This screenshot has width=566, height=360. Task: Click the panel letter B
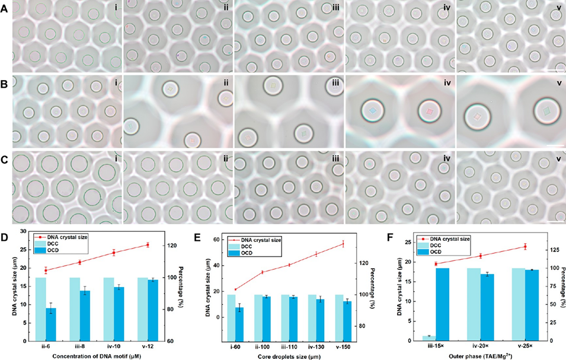(5, 82)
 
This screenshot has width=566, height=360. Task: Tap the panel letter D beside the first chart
(5, 236)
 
